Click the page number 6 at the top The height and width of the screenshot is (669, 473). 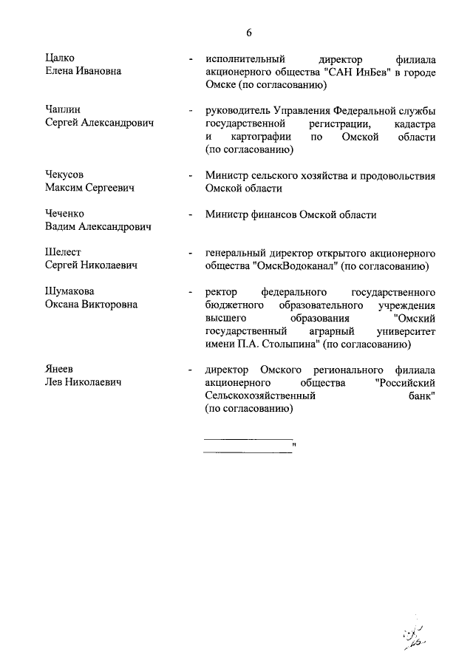tap(249, 32)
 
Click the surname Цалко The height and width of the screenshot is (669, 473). tap(60, 58)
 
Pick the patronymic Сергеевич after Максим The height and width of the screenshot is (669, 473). tap(110, 189)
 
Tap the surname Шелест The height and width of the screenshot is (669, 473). tap(63, 253)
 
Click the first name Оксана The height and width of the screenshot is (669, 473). tap(64, 305)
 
